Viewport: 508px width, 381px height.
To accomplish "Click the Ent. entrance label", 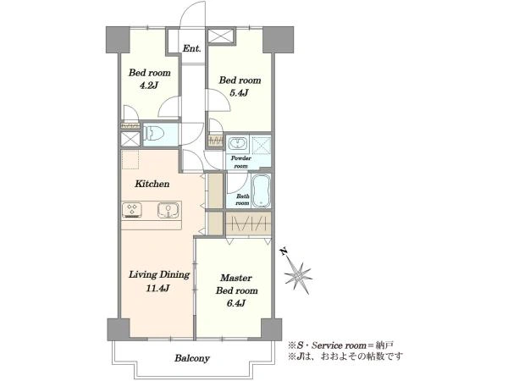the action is (192, 49).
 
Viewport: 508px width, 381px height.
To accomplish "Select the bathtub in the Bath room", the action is (261, 191).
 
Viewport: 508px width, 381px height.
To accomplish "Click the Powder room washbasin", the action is (237, 142).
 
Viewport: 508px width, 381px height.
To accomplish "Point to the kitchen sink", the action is (168, 210).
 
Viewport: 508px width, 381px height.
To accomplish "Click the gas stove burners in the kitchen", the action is (132, 210).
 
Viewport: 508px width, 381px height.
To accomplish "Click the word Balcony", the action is (192, 358).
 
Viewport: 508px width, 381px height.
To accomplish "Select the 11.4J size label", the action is (157, 288).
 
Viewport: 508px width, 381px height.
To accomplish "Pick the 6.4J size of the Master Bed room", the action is (235, 303).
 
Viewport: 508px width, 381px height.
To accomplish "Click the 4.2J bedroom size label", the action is (148, 86).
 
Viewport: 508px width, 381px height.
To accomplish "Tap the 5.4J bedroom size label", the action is (239, 93).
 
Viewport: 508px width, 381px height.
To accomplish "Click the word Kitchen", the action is (152, 184).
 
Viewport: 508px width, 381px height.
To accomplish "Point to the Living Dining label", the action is (159, 274).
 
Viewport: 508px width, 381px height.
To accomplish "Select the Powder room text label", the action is (241, 162).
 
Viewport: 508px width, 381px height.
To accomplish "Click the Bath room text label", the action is (243, 200).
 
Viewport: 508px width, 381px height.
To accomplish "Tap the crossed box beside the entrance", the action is (221, 36).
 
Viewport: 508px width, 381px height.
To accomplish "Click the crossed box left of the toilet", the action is (130, 139).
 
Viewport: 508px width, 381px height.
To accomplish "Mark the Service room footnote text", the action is (341, 345).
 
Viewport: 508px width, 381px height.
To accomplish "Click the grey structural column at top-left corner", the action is (118, 40).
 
